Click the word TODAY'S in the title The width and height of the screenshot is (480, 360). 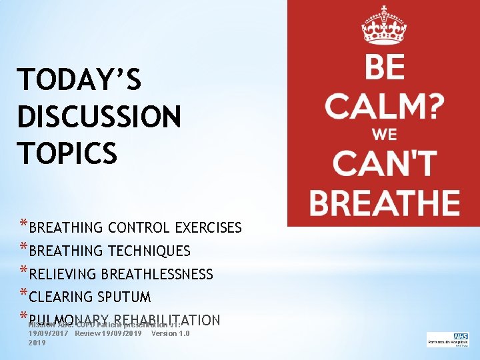click(79, 81)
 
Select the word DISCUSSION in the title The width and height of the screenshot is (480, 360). click(99, 117)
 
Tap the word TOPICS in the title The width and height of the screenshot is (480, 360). click(67, 153)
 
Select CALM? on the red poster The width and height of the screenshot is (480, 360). click(385, 105)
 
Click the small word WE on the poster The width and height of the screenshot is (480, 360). click(384, 134)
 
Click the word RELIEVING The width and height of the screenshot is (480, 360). click(64, 274)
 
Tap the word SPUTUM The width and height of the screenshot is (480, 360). click(123, 297)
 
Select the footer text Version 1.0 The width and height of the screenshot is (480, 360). click(171, 333)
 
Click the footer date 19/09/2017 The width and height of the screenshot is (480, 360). click(49, 333)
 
